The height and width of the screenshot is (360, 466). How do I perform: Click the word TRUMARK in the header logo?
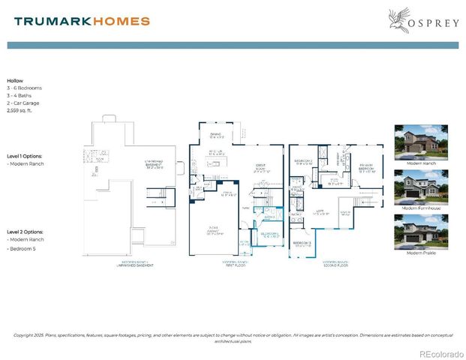52,21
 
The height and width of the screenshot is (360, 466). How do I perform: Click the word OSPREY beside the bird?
433,22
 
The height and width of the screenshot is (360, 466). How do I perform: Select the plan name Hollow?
15,80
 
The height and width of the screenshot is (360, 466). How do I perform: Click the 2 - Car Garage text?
25,102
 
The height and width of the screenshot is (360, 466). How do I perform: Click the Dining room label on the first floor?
217,136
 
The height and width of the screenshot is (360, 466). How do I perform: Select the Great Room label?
261,169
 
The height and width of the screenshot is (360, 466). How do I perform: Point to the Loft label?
319,212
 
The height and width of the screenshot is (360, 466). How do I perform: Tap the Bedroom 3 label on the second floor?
302,244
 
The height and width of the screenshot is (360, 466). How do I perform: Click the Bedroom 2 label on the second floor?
304,161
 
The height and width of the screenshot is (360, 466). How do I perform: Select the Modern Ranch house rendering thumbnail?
420,142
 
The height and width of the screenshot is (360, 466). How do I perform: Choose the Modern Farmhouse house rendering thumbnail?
420,187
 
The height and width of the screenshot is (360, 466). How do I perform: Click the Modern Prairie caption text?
420,253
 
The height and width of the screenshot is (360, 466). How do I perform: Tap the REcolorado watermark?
440,353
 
